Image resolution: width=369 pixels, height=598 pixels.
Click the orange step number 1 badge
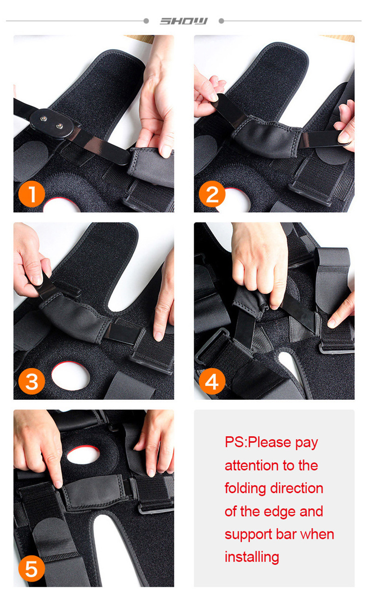[x=31, y=194]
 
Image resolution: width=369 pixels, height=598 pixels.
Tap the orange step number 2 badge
[x=212, y=194]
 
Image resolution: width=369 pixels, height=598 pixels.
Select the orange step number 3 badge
[x=31, y=381]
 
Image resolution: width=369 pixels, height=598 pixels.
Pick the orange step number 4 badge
[x=212, y=381]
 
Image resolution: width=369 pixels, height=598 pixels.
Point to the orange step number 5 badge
[x=31, y=568]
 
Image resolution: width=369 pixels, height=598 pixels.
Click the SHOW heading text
[x=184, y=21]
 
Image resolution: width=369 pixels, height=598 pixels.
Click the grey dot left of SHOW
[x=146, y=21]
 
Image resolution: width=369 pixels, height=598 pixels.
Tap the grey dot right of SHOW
[x=221, y=21]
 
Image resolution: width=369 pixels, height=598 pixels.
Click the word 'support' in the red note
[x=248, y=535]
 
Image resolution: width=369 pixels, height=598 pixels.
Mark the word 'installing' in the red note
[x=252, y=557]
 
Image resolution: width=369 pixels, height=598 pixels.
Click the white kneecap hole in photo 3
[x=70, y=376]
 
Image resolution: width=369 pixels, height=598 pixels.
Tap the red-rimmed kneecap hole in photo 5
[x=83, y=455]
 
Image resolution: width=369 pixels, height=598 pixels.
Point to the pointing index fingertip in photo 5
[x=58, y=484]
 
